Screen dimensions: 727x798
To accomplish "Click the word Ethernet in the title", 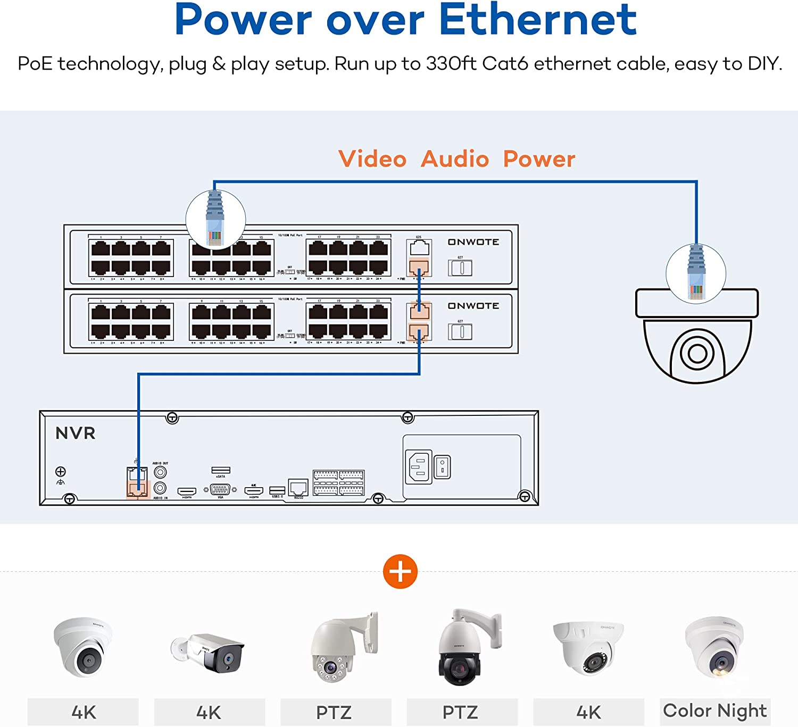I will point(537,20).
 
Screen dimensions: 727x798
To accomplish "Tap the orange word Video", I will point(372,159).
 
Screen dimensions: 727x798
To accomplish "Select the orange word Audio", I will point(455,159).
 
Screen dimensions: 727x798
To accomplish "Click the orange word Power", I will point(539,159).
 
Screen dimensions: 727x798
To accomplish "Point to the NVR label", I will point(76,433).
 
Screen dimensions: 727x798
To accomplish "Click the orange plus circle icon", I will point(400,572).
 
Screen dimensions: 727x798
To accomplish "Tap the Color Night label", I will point(714,711).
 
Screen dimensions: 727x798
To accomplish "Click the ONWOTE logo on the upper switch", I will point(473,242).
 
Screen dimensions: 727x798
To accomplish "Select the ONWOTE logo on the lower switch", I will point(473,306).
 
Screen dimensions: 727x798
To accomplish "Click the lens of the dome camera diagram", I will point(697,353).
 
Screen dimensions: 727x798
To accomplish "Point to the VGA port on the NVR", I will point(220,489).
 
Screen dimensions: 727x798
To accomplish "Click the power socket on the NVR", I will point(419,466).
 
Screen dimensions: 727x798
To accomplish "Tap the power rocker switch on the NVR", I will point(443,466).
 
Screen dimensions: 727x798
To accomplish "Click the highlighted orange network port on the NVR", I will point(137,489).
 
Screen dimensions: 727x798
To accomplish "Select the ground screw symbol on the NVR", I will point(61,472).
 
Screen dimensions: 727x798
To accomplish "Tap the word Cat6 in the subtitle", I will point(505,64).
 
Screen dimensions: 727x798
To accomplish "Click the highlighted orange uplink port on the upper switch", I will point(419,267).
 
